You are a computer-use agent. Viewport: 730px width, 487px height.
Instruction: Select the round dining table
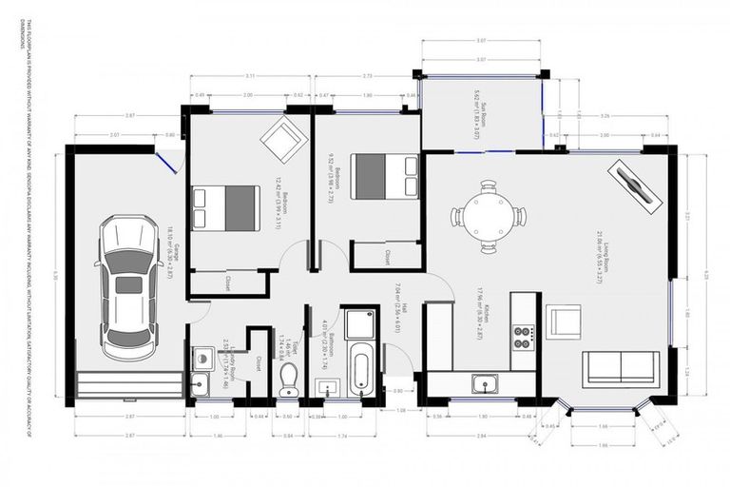[488, 217]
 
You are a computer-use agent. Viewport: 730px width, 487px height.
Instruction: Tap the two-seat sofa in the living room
[619, 367]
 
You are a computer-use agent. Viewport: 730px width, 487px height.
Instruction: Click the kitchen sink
[491, 384]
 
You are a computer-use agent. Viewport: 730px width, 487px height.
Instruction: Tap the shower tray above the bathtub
[360, 323]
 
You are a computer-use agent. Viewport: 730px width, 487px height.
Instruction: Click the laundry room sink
[201, 383]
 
